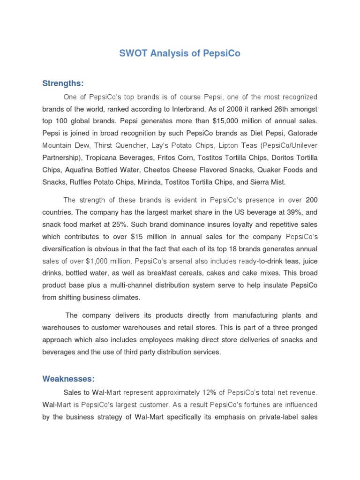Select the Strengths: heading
click(63, 83)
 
